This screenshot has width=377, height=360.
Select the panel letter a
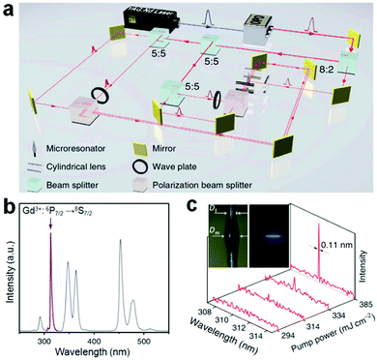pos(9,9)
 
